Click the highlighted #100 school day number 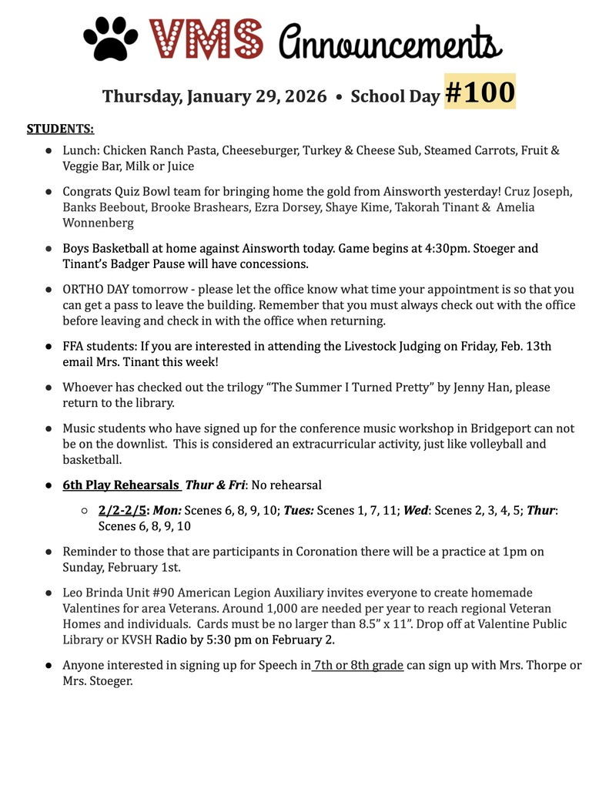click(x=480, y=92)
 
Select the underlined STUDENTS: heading click(x=61, y=129)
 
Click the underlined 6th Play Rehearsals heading click(x=121, y=485)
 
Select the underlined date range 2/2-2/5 click(x=122, y=510)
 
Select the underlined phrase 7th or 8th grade click(x=358, y=664)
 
